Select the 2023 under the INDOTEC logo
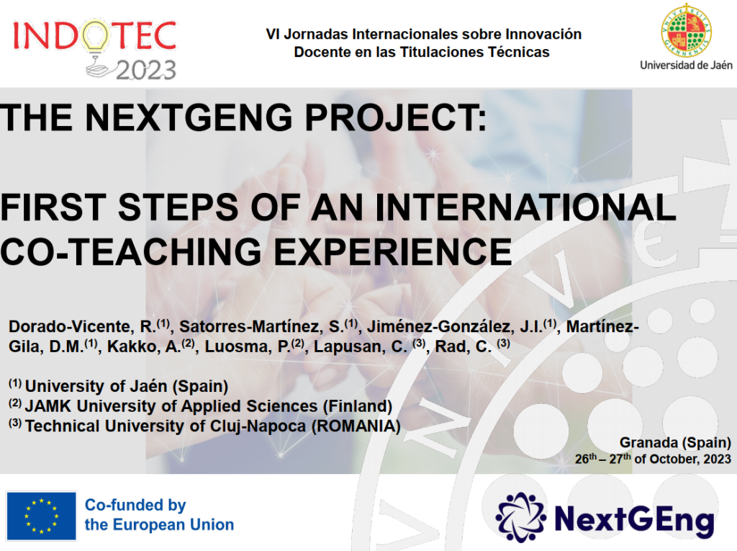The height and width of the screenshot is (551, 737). pyautogui.click(x=145, y=71)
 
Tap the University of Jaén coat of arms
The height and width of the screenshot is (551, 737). pyautogui.click(x=686, y=30)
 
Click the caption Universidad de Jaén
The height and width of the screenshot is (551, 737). pyautogui.click(x=686, y=65)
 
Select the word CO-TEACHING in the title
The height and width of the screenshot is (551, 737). pyautogui.click(x=131, y=251)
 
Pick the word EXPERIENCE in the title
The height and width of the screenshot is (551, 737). pyautogui.click(x=392, y=251)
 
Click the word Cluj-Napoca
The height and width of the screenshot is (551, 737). pyautogui.click(x=258, y=426)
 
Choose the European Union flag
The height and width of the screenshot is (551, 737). pyautogui.click(x=41, y=516)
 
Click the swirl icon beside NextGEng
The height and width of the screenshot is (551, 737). pyautogui.click(x=521, y=518)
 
